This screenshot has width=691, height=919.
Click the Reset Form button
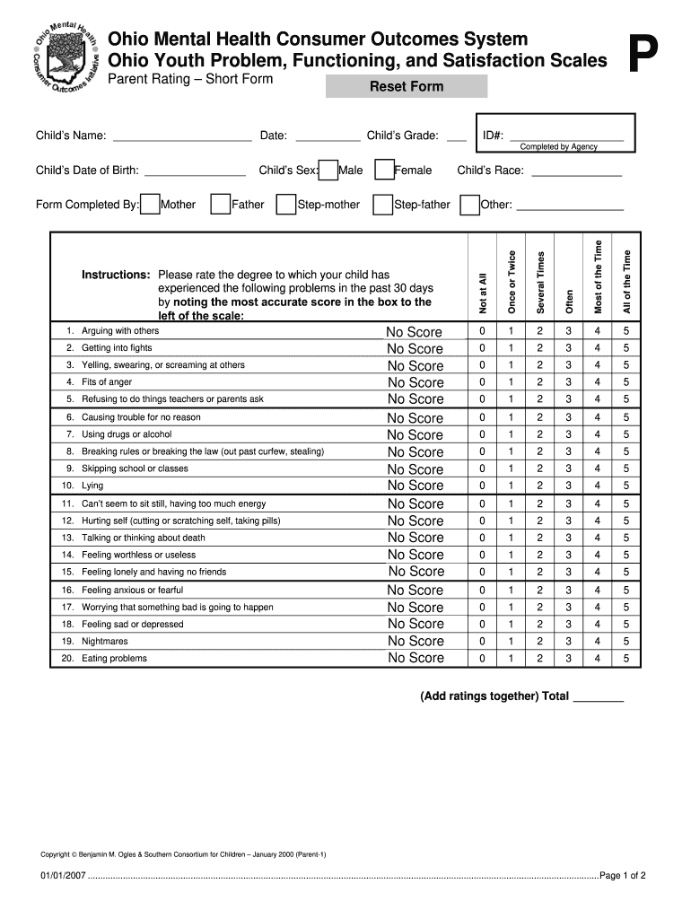point(407,87)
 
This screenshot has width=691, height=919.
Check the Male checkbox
point(328,171)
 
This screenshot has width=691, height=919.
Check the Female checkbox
point(384,171)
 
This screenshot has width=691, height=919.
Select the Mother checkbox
point(151,205)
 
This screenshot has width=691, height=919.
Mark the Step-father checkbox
point(383,205)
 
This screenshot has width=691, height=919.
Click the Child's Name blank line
point(182,137)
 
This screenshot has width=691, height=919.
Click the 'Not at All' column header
point(482,293)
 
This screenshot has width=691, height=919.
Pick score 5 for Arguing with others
point(626,331)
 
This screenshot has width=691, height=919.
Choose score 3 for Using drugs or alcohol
point(568,434)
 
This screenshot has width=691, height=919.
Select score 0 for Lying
point(482,486)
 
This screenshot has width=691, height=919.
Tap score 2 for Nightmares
point(539,642)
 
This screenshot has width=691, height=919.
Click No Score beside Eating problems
point(415,658)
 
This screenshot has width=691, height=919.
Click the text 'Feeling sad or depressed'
point(132,625)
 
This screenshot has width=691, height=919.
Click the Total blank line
point(598,696)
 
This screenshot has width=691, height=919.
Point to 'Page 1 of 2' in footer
point(623,876)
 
